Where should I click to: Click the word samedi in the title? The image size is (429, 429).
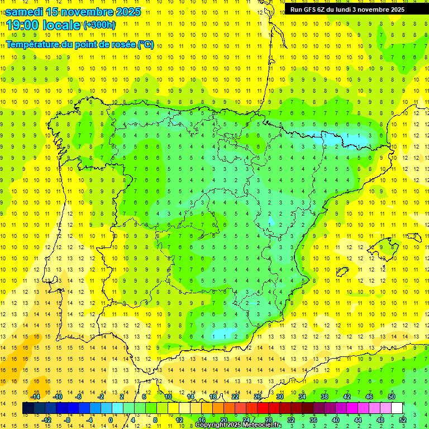(24, 12)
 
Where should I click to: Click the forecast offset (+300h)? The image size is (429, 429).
(99, 25)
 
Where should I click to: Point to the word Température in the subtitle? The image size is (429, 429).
(32, 45)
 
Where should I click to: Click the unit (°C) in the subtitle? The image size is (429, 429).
(146, 45)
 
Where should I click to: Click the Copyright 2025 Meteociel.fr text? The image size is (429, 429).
(239, 425)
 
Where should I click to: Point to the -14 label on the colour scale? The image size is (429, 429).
(36, 397)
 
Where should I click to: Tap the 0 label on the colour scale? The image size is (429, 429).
(111, 420)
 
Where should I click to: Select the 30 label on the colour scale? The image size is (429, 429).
(280, 397)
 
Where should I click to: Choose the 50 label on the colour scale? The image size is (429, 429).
(392, 397)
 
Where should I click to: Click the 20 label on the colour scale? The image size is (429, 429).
(223, 420)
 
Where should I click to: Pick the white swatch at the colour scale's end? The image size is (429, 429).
(397, 408)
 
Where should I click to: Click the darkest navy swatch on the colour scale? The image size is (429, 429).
(28, 408)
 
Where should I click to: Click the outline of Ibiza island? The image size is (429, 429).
(341, 272)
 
